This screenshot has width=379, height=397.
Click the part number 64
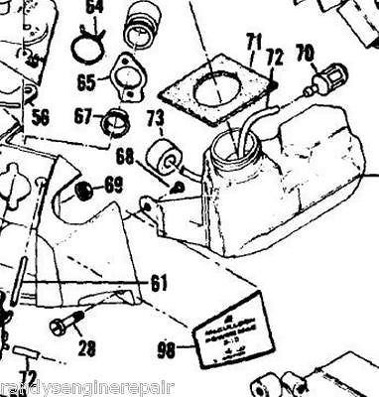[x=95, y=10]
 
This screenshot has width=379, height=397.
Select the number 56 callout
[x=41, y=117]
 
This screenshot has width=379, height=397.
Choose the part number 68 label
[x=126, y=156]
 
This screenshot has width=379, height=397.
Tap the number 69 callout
[x=115, y=184]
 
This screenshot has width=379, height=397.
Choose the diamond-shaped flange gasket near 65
[x=127, y=72]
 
